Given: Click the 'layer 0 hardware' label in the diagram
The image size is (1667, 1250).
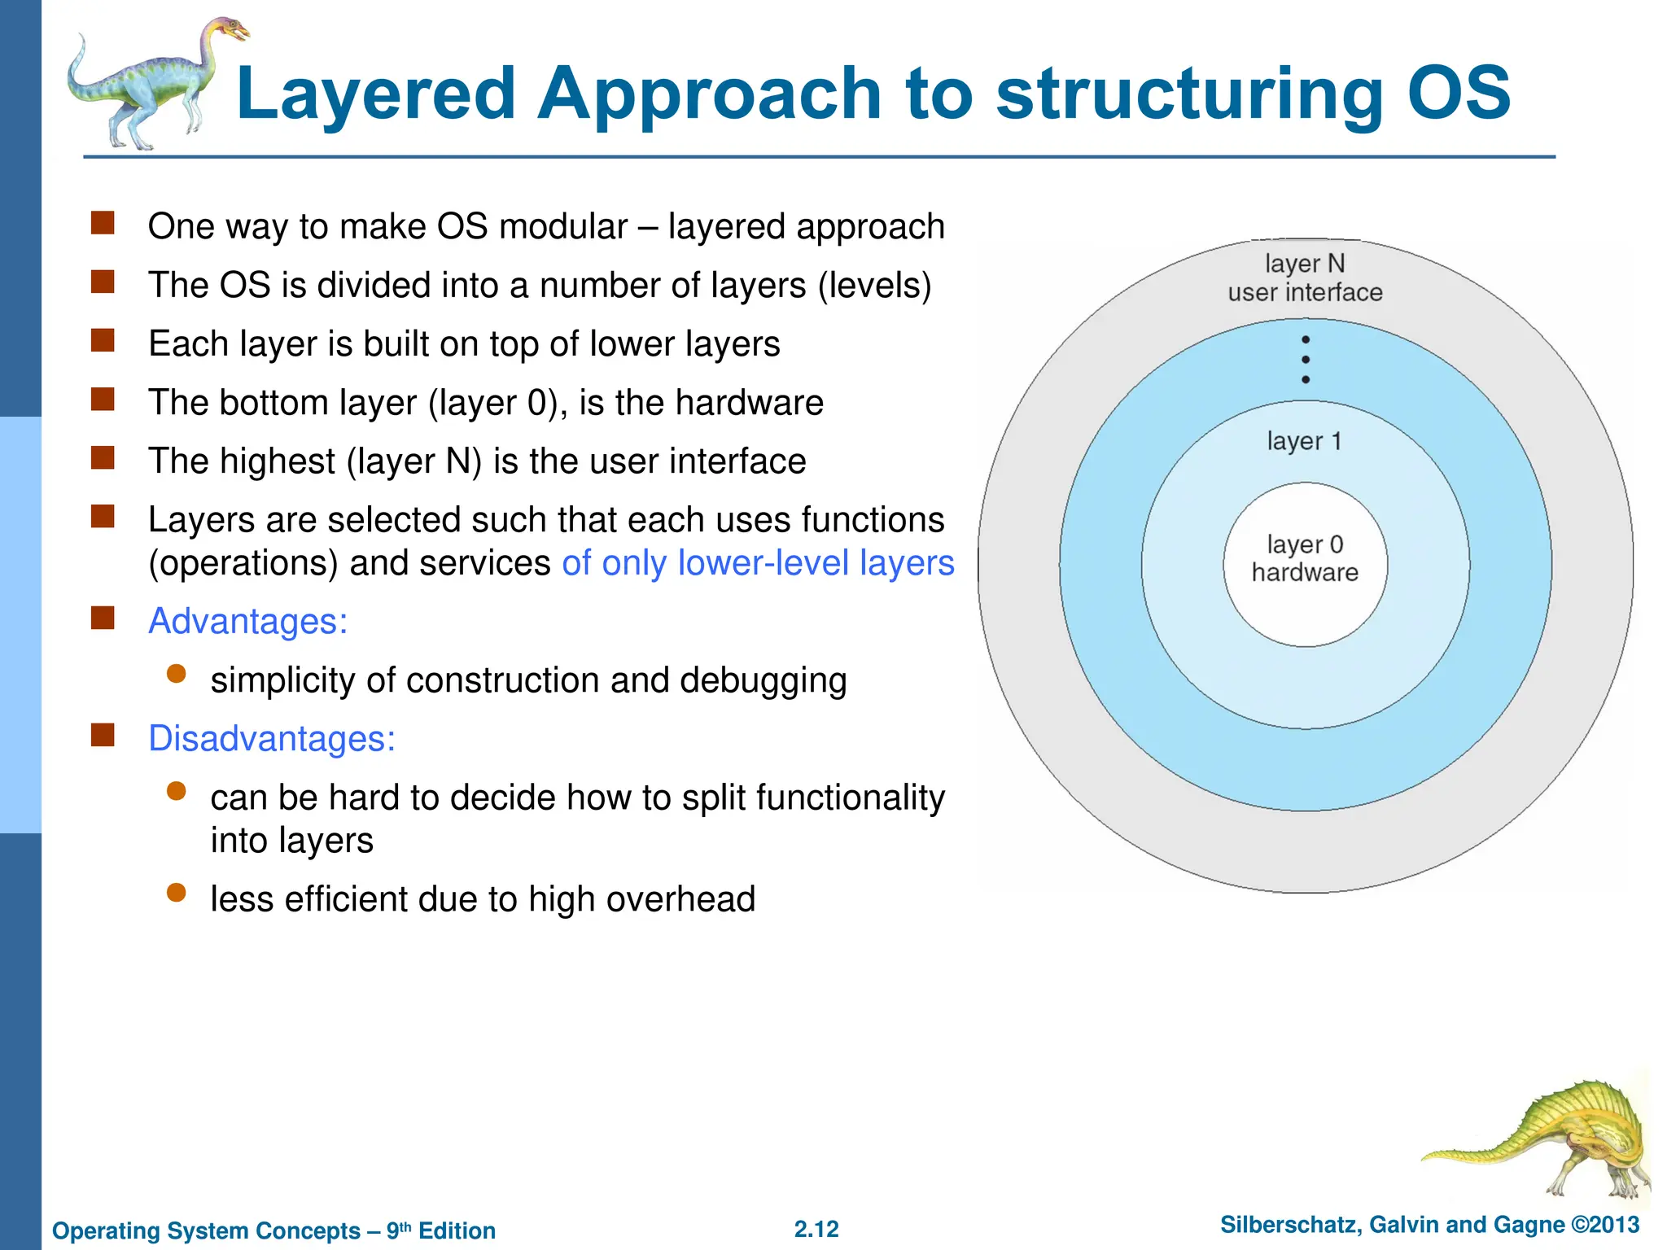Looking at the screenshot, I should click(x=1305, y=559).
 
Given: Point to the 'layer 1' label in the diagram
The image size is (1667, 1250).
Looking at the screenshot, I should click(x=1304, y=441).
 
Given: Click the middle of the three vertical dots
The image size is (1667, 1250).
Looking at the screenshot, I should click(x=1306, y=360).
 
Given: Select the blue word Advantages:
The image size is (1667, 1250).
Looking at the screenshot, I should click(x=248, y=622).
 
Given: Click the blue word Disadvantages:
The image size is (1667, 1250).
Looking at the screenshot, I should click(x=272, y=739).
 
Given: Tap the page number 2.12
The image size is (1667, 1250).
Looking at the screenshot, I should click(x=816, y=1229).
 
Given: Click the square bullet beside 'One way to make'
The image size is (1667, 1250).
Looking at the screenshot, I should click(x=103, y=223).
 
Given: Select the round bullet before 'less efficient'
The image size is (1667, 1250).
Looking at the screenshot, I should click(x=177, y=893).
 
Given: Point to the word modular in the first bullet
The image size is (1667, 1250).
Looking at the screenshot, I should click(x=563, y=227).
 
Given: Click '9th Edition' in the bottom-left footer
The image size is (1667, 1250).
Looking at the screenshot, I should click(x=440, y=1230).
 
